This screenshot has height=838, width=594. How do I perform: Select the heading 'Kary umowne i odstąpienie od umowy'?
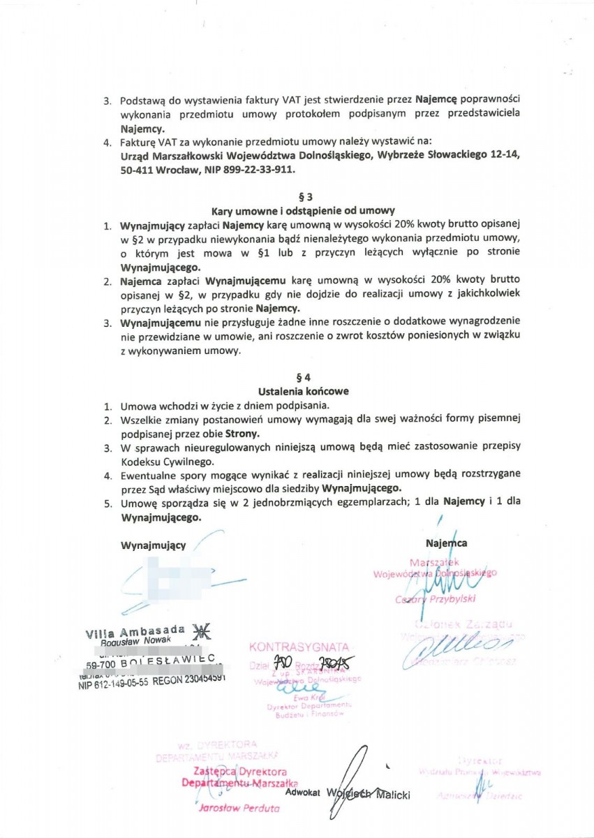coord(303,210)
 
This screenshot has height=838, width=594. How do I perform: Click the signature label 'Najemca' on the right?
coord(446,543)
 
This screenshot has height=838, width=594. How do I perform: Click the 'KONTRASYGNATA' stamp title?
coord(299,647)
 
